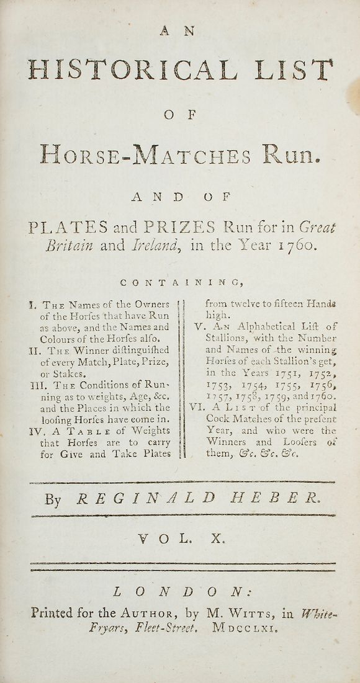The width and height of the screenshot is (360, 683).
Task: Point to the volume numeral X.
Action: (217, 539)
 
